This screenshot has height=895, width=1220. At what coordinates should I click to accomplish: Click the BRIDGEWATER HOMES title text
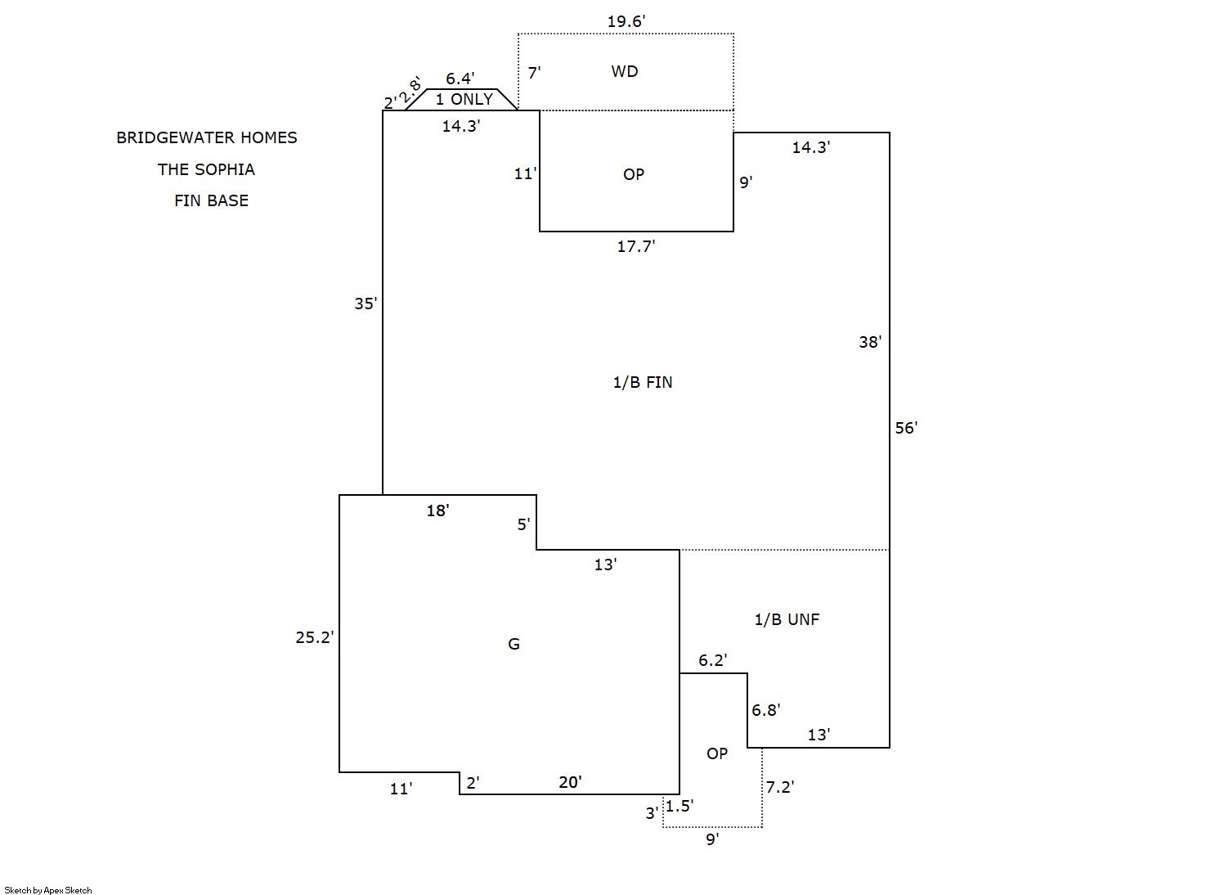207,138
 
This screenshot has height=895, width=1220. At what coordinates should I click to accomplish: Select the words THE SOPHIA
206,170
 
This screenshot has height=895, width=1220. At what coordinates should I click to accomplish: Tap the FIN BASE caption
211,201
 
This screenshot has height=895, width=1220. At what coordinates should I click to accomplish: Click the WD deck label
625,72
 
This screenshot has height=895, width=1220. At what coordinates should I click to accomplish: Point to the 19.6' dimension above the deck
626,22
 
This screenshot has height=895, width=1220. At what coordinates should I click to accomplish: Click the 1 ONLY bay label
464,100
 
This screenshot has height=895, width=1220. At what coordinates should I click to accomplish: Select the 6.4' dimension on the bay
460,79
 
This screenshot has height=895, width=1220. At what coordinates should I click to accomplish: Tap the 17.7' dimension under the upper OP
636,246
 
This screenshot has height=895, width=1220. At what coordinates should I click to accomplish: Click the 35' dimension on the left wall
366,304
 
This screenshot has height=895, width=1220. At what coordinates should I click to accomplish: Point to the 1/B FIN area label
643,382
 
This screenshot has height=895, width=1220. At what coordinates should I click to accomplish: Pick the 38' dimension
870,343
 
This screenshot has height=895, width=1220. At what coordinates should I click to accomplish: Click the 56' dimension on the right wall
906,428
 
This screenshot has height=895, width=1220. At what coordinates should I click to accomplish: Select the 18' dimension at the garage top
437,511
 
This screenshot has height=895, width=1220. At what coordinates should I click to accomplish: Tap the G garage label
514,645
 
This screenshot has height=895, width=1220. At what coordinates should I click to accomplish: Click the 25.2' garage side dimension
315,637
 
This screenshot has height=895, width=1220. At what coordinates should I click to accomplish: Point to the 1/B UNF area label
787,620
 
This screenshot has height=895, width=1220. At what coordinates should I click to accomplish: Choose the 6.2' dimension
713,660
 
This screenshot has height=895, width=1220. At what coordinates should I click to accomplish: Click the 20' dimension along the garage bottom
570,783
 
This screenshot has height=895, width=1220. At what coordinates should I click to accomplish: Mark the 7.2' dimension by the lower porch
780,788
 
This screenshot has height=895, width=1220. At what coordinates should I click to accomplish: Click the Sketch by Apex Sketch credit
48,890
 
